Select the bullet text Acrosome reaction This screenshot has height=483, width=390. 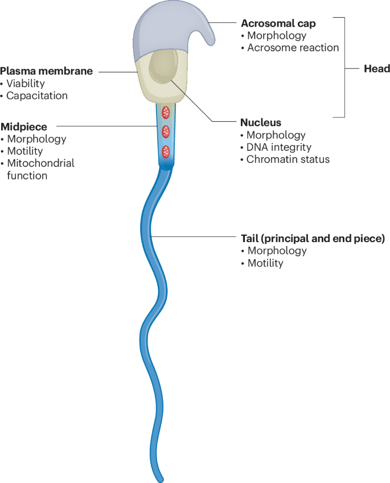(x=293, y=48)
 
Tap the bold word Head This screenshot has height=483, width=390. (x=376, y=68)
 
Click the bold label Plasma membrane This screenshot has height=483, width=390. (x=47, y=71)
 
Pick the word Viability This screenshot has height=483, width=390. (x=25, y=84)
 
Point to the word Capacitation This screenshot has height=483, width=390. (x=36, y=96)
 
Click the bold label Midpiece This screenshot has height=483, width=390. (x=23, y=126)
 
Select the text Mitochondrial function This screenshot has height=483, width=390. (x=40, y=169)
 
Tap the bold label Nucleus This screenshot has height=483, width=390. (x=261, y=122)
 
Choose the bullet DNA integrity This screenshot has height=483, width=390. (x=278, y=148)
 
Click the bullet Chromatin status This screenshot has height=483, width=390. (x=288, y=159)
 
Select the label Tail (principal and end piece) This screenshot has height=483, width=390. (x=313, y=238)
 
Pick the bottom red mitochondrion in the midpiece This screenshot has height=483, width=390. (x=166, y=152)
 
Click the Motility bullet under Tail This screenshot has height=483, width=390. (x=265, y=263)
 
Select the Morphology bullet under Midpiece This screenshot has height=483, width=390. (x=36, y=139)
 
